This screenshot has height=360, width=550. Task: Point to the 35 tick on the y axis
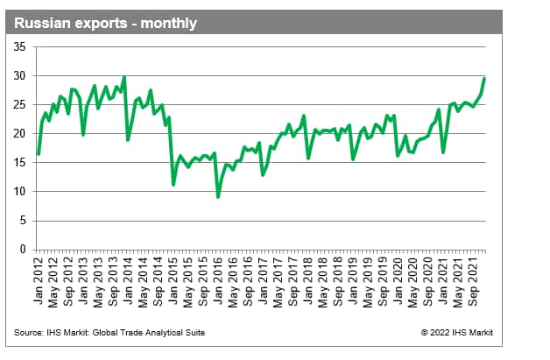(x=20, y=47)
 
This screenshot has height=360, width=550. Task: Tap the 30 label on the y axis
(x=20, y=76)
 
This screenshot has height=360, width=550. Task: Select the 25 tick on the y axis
(x=20, y=105)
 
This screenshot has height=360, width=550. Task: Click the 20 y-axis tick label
(x=20, y=134)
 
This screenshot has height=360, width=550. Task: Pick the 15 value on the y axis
(x=20, y=163)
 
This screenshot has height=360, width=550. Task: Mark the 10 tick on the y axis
(x=20, y=192)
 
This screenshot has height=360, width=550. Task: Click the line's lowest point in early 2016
(x=218, y=197)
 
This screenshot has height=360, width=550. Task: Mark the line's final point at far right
(x=485, y=79)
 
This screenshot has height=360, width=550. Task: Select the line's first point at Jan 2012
(x=39, y=154)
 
